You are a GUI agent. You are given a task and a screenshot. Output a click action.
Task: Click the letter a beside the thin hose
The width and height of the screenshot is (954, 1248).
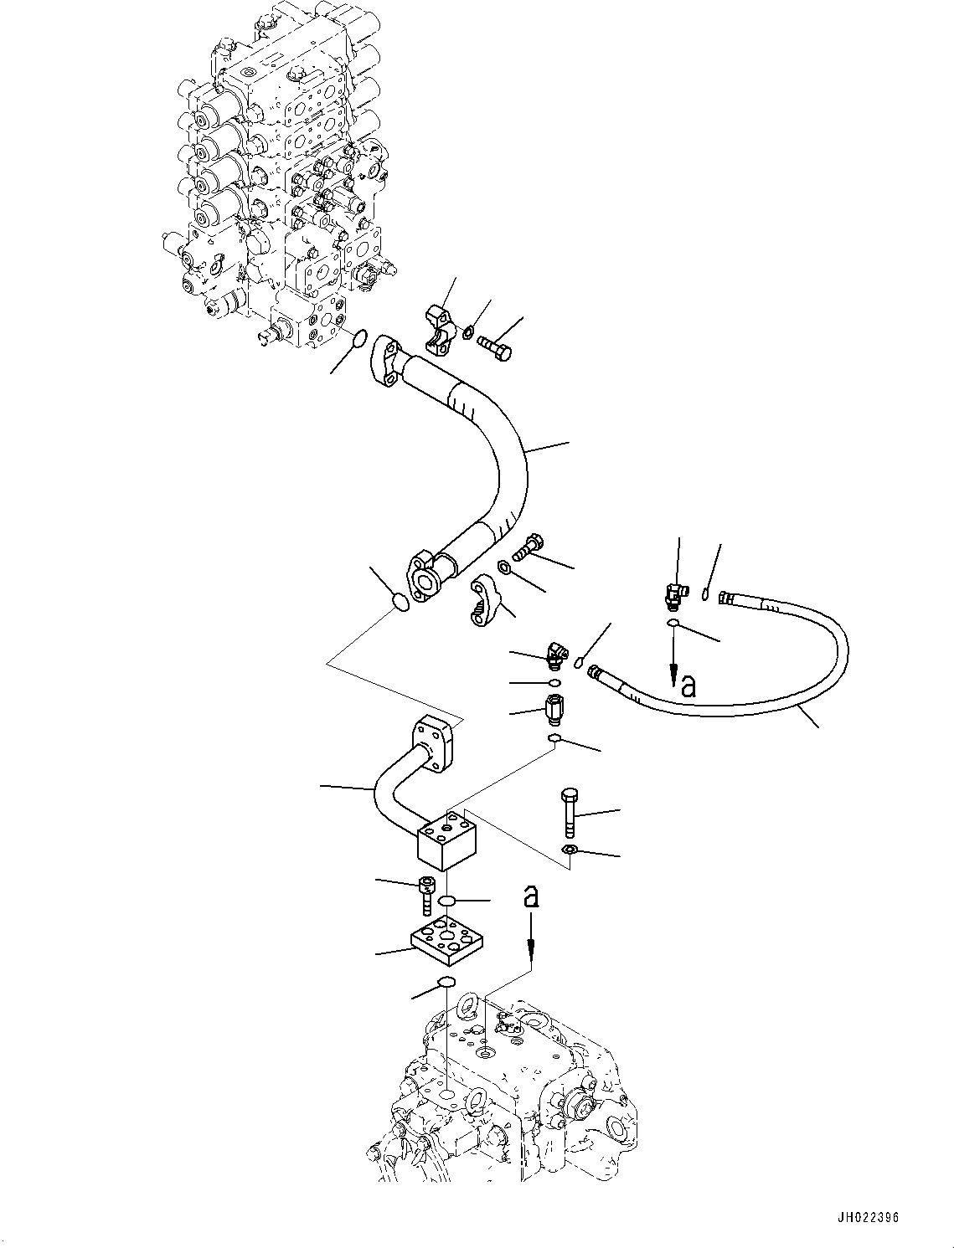pos(688,686)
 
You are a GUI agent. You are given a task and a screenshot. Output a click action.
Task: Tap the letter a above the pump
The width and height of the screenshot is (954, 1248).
pos(530,896)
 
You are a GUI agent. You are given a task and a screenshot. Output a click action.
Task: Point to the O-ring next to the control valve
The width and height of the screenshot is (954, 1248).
pos(358,339)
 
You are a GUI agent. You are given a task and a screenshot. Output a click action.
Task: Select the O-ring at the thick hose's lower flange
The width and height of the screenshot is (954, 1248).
pos(402,603)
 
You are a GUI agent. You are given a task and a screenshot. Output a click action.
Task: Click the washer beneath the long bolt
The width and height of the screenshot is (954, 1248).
pos(569,851)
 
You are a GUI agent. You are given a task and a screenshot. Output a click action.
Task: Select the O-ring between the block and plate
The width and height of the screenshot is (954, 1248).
pos(447,901)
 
